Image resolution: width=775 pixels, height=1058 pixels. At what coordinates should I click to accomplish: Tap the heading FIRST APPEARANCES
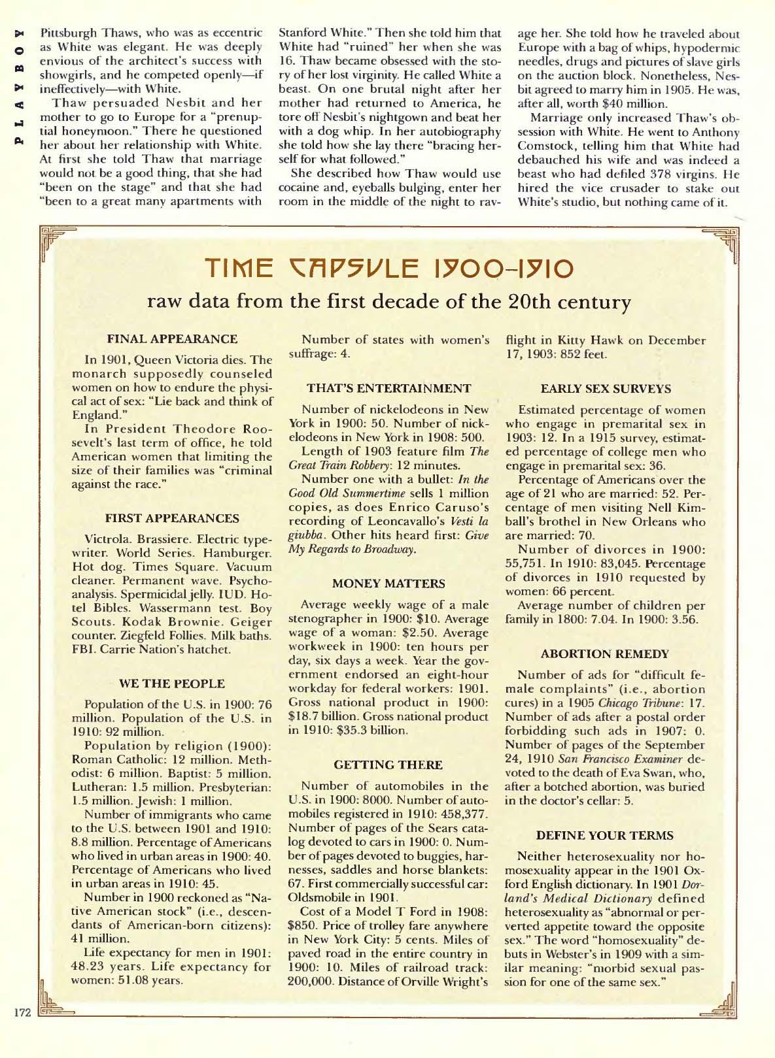172,518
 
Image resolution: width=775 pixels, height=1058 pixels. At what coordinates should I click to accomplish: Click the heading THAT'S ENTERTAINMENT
389,388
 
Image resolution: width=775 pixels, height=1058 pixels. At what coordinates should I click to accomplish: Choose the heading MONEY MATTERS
388,582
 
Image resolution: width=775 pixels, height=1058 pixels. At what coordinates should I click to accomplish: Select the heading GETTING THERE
388,764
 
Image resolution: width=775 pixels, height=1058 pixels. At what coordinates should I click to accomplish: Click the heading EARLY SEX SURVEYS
606,388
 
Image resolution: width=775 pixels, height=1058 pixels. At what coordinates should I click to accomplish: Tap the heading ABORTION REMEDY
606,653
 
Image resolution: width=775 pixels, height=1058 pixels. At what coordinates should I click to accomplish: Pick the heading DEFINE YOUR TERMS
605,835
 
